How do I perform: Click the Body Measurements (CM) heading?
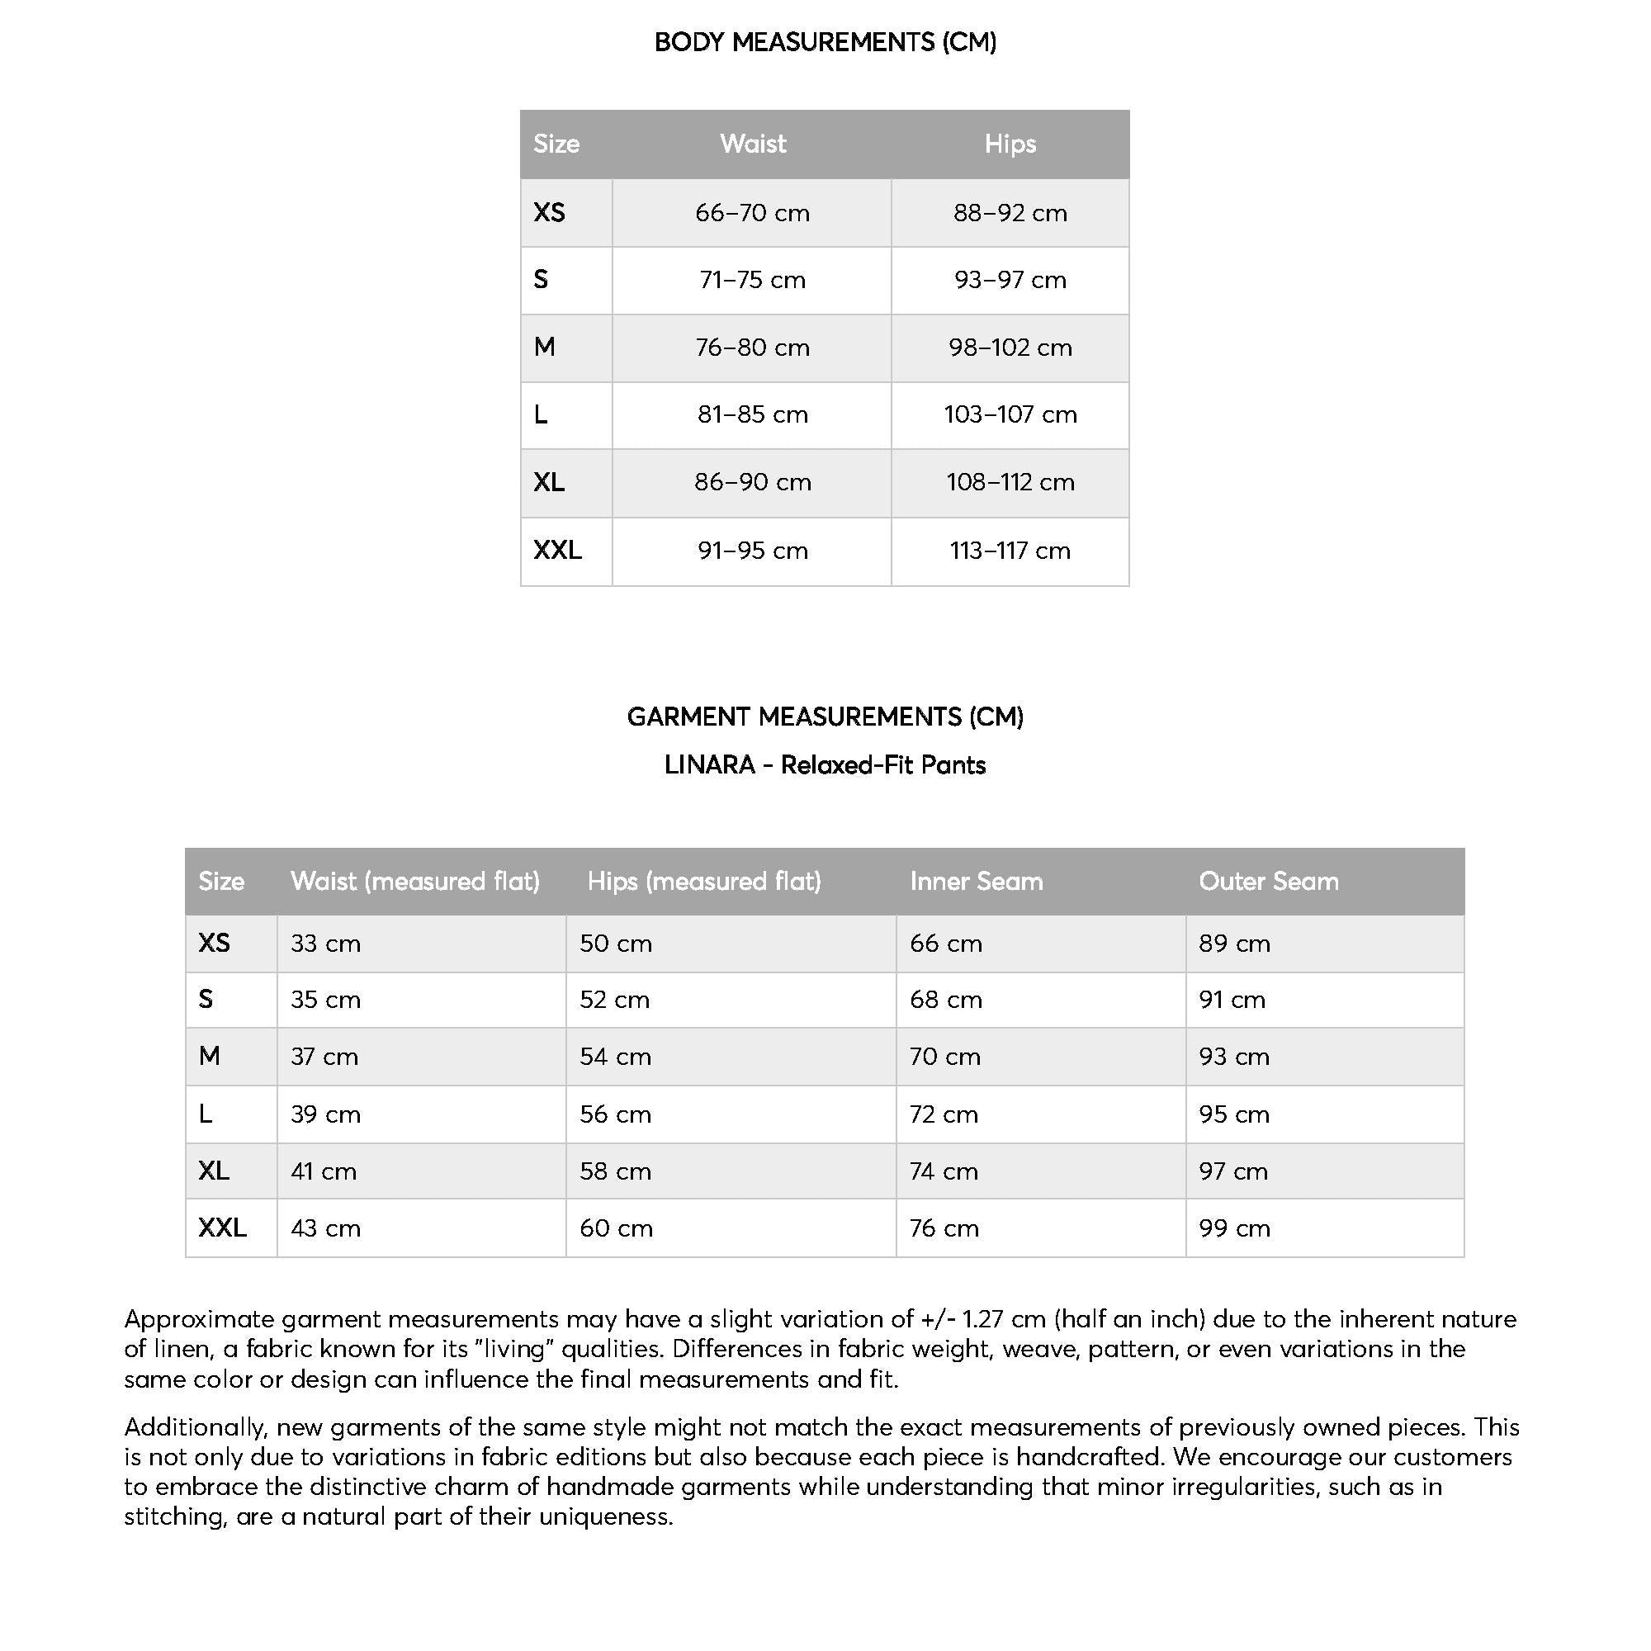(x=825, y=42)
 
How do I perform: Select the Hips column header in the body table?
(x=1010, y=144)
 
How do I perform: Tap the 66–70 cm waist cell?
(x=752, y=213)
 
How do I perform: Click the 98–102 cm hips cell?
(x=1010, y=348)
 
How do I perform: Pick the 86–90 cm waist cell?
(x=752, y=482)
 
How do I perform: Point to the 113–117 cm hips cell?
(x=1010, y=551)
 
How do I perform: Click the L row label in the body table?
(x=541, y=414)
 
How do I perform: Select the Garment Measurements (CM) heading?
(x=825, y=716)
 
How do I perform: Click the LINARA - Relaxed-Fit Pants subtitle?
(x=825, y=765)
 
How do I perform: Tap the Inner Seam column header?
(x=976, y=881)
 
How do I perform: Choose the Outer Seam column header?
(x=1268, y=881)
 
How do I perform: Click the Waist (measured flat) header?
(x=415, y=881)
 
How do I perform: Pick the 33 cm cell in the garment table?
(x=325, y=944)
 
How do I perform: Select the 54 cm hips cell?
(x=615, y=1057)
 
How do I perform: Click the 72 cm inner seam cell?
(x=944, y=1114)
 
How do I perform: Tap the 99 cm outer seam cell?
(x=1234, y=1229)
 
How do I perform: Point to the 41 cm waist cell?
(x=324, y=1171)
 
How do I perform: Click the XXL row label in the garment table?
(x=222, y=1228)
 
